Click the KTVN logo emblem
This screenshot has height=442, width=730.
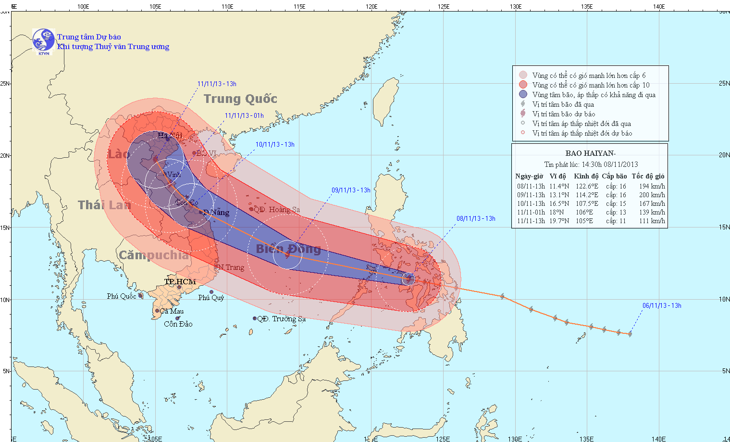point(43,40)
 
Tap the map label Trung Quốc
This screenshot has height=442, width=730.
point(240,99)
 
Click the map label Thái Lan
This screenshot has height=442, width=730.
point(104,205)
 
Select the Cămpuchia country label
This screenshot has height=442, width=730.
point(154,255)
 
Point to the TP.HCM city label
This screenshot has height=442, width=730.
point(180,281)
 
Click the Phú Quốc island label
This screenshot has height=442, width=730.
point(121,296)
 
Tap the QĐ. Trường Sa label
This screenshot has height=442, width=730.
point(281,319)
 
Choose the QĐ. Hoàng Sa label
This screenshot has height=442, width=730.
point(277,210)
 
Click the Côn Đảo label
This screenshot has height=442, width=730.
point(178,324)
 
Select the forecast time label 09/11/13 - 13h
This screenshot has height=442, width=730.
point(351,190)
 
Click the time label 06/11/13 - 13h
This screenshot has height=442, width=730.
point(662,305)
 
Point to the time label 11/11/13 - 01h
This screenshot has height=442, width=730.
point(244,115)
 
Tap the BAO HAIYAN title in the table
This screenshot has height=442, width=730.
point(590,153)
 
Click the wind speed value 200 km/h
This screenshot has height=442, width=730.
point(652,195)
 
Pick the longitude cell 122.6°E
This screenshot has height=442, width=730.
point(587,186)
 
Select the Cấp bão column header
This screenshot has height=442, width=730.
point(614,176)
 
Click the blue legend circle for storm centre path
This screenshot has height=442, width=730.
point(523,94)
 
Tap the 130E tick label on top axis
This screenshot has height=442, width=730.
point(515,6)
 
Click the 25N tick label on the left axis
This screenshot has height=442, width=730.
point(5,83)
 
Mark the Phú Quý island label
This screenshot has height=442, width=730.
point(211,298)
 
